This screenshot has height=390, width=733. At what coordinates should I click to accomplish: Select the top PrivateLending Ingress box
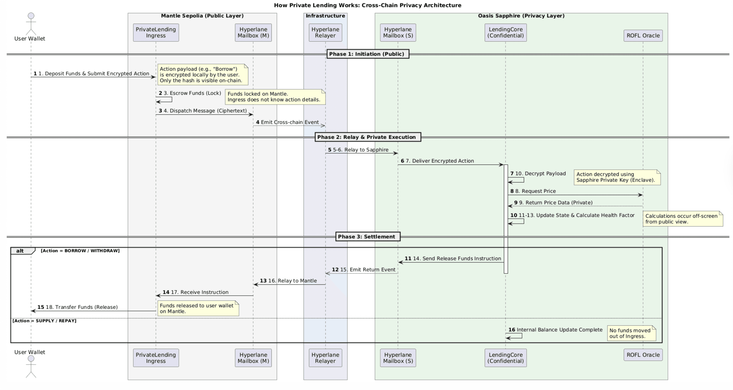156,32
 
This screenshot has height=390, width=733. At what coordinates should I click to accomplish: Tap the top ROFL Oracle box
643,36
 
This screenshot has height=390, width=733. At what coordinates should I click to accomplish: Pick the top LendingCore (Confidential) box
505,32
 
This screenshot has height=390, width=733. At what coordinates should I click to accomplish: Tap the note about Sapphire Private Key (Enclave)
617,177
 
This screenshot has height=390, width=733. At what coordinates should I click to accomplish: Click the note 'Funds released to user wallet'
198,308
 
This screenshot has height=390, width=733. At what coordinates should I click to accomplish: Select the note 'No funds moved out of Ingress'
631,333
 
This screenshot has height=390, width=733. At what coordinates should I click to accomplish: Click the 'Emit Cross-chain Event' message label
290,122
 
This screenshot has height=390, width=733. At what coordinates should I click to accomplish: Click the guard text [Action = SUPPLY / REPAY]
44,321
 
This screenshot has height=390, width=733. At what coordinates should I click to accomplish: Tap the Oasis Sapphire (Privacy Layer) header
521,16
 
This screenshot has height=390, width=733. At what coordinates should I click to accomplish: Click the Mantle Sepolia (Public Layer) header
202,16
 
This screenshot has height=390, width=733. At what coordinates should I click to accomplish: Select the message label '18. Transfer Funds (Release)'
81,307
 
